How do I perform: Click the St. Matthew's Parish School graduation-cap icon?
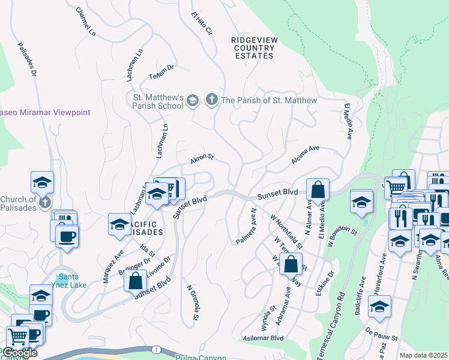coord(193,100)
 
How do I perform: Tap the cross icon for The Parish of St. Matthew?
coord(211,100)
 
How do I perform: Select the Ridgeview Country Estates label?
coord(253,47)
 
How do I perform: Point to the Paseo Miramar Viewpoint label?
coord(44,112)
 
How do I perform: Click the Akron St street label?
coord(202,159)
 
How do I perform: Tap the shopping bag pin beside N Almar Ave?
coord(318,190)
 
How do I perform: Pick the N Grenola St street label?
coord(192,306)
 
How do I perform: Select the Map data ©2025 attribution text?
coord(423,355)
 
